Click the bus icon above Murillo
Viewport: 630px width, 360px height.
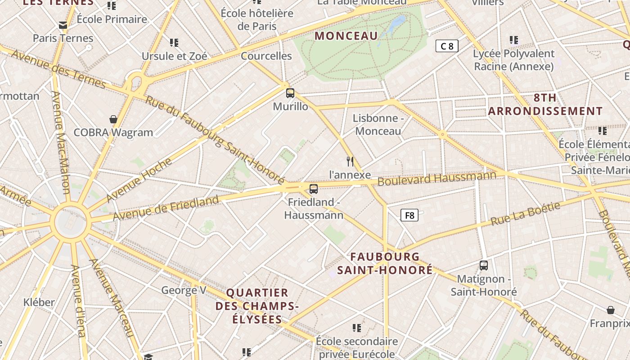(290, 93)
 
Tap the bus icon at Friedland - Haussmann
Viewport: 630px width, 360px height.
(314, 189)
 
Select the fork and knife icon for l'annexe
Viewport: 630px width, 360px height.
(350, 162)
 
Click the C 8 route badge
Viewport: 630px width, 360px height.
(447, 46)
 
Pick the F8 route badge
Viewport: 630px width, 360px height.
(409, 215)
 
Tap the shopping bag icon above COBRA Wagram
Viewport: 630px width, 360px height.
(113, 119)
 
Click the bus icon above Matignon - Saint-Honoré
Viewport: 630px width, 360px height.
(484, 265)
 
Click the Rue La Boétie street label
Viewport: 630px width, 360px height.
(526, 214)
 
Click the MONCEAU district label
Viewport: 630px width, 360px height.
(346, 36)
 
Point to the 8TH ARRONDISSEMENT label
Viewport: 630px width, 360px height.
(545, 104)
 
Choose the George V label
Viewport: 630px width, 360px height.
(184, 290)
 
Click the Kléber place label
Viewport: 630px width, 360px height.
(39, 302)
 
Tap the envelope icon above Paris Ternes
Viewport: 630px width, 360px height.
(63, 25)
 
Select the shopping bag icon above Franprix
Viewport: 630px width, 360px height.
(611, 310)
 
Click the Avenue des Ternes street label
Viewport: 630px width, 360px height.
(58, 69)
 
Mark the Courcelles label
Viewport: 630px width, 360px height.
(266, 56)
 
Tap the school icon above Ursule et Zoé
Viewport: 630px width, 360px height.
(174, 43)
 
